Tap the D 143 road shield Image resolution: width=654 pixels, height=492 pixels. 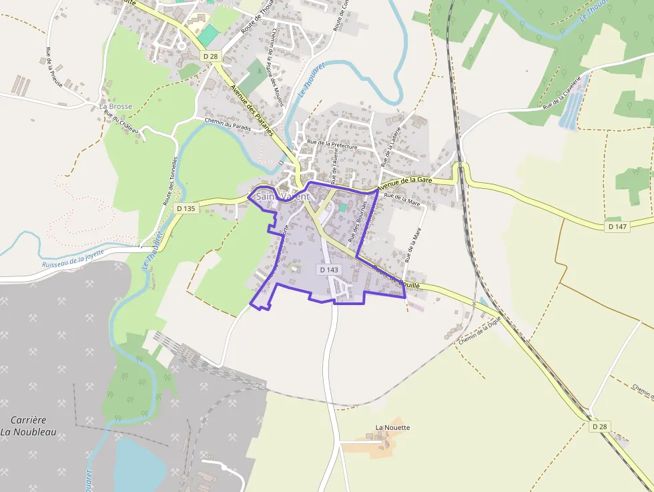click(x=329, y=270)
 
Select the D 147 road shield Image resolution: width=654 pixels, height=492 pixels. click(x=618, y=227)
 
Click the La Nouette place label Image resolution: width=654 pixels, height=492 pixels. click(x=392, y=427)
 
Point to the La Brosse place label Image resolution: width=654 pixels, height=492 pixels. click(x=115, y=106)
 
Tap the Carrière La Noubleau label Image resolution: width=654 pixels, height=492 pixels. click(x=28, y=426)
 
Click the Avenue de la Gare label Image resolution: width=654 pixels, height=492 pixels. click(x=405, y=184)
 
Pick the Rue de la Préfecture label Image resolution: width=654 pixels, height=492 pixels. click(x=332, y=144)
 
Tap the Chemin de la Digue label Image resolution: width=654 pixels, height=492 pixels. click(x=480, y=330)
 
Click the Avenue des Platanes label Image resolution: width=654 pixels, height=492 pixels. click(x=252, y=110)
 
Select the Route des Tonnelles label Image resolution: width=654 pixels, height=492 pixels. click(x=167, y=180)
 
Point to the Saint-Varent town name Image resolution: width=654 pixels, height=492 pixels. click(x=283, y=197)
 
